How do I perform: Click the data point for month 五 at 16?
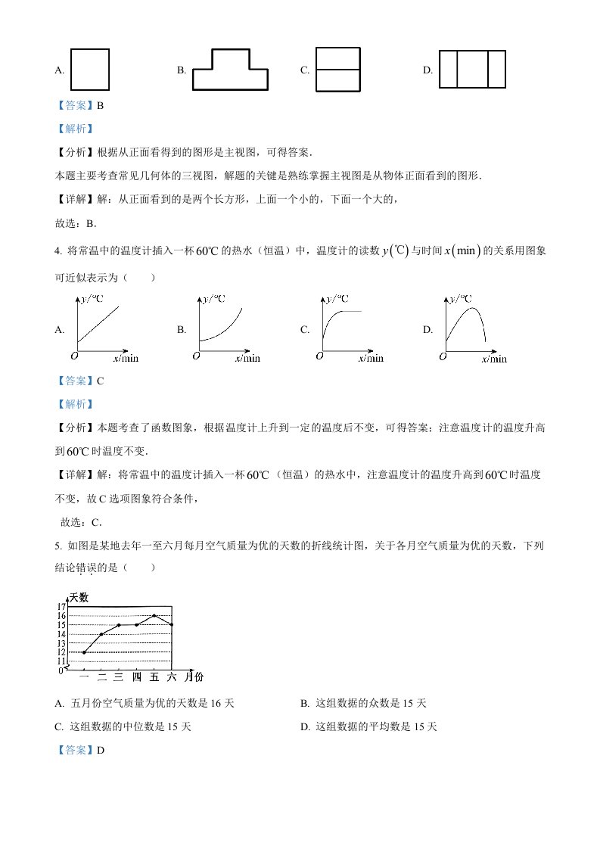point(154,615)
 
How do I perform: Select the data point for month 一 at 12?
point(84,652)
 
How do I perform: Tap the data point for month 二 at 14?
point(101,634)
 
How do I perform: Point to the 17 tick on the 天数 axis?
point(61,607)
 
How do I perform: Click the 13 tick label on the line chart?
point(61,643)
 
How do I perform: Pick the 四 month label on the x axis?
point(136,676)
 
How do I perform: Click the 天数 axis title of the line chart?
point(79,597)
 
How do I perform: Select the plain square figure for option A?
point(90,70)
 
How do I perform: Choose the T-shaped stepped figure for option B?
point(230,70)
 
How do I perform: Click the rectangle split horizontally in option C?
point(337,70)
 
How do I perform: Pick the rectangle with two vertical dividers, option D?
point(472,70)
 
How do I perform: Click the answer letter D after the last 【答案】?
point(98,750)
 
